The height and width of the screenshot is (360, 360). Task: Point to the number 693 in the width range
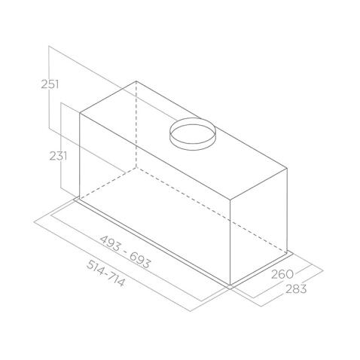coord(139,261)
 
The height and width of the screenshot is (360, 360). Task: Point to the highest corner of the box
coord(136,81)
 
